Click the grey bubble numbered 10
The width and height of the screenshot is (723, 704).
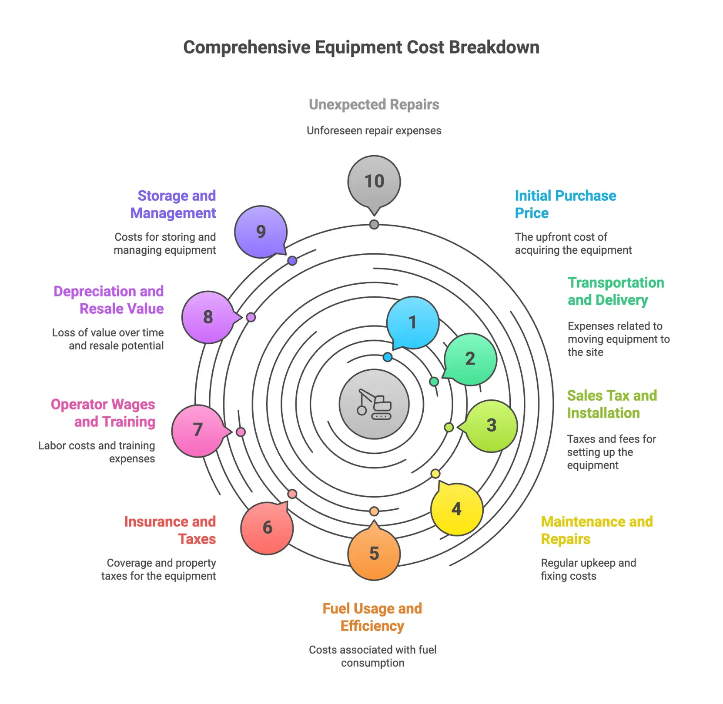pos(374,181)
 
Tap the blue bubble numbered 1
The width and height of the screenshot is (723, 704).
pos(413,322)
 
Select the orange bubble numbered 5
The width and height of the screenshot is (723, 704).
pos(374,553)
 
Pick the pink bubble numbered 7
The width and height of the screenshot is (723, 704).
pos(198,430)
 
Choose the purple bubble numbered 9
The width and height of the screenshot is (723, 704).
pos(261,232)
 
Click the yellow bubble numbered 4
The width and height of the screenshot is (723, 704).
pos(457,509)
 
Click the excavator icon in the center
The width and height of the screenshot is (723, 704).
pos(374,404)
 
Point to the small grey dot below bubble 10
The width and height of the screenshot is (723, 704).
pos(374,225)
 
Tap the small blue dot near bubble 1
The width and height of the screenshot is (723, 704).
pos(388,357)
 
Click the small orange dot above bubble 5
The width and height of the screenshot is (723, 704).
pos(374,511)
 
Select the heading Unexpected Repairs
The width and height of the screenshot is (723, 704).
pos(374,105)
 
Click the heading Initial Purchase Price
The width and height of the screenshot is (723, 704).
pos(565,204)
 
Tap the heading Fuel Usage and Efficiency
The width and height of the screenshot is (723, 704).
pos(372,617)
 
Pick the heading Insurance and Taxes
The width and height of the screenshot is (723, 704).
pos(170,530)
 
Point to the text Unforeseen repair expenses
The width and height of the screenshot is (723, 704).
pos(374,131)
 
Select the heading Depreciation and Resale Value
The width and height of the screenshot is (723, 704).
pos(109,300)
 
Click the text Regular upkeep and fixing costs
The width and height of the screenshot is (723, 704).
pos(588,569)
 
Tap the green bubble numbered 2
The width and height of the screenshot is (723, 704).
pos(470,359)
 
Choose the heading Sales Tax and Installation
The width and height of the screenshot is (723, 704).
pos(612,404)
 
